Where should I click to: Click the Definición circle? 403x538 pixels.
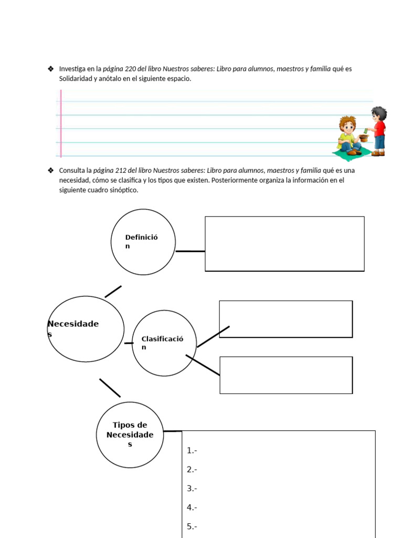[x=143, y=242]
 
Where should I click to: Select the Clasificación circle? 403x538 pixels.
[x=164, y=343]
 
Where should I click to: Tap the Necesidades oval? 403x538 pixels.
[x=86, y=329]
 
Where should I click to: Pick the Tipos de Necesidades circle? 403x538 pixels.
[x=130, y=434]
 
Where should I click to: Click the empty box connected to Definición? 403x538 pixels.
[x=284, y=244]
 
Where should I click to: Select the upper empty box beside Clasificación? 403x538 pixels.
[x=285, y=319]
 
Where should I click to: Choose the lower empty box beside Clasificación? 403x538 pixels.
[x=285, y=375]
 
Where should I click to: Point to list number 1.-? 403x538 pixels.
[x=192, y=450]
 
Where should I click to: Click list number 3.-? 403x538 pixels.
[x=192, y=489]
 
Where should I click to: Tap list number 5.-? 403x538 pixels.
[x=192, y=526]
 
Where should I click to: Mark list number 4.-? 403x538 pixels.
[x=192, y=508]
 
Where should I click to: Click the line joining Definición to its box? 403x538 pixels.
[x=190, y=251]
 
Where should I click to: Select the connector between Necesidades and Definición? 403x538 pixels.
[x=113, y=292]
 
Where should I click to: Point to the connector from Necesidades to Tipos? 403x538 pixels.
[x=110, y=388]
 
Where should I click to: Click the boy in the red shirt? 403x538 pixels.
[x=378, y=131]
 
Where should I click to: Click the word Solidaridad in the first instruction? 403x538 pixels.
[x=77, y=79]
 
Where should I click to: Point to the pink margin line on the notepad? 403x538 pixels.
[x=61, y=123]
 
